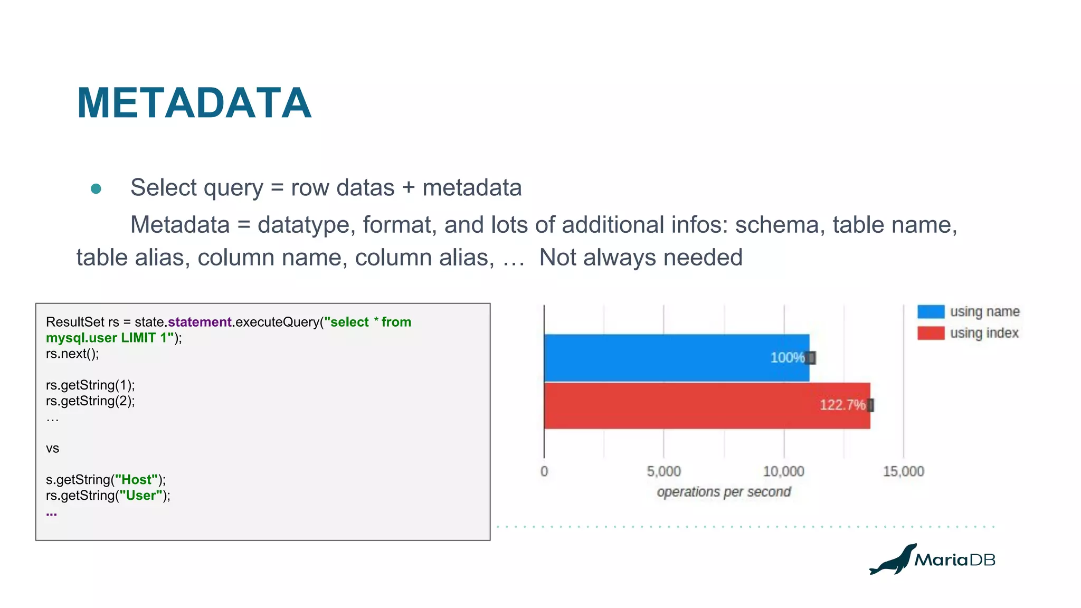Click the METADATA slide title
point(194,103)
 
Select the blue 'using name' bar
point(660,357)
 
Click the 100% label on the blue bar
point(787,357)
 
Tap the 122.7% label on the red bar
point(842,405)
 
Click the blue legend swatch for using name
point(931,311)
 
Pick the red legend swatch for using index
point(931,333)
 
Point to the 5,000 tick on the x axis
point(663,471)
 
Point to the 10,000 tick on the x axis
point(783,471)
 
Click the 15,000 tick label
point(903,471)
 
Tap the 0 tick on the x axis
point(544,471)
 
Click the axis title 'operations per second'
point(724,492)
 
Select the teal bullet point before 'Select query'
point(96,188)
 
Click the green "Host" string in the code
point(137,480)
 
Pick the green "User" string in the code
point(141,496)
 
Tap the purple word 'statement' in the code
point(200,322)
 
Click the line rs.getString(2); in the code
point(90,401)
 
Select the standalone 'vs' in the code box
point(52,449)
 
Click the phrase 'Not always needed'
point(640,258)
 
